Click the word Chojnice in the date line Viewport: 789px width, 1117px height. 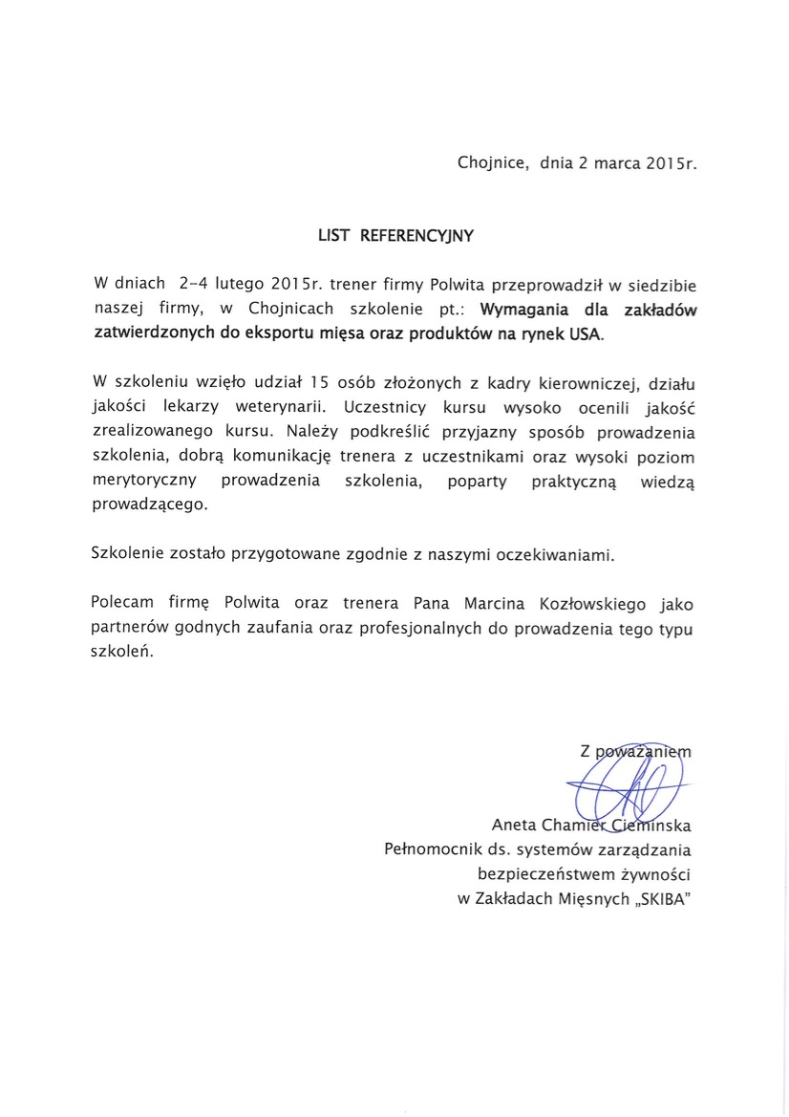click(494, 163)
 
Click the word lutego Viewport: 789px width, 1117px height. click(239, 284)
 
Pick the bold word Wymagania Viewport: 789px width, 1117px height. click(525, 310)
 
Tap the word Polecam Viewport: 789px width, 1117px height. click(122, 604)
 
